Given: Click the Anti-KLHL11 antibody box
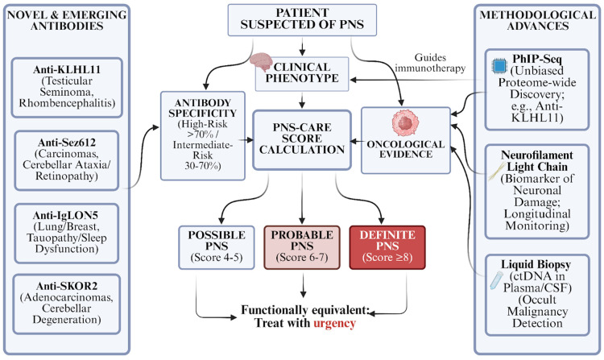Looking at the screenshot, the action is (67, 88).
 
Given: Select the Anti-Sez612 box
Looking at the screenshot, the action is (67, 160).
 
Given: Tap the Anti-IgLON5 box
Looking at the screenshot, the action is (67, 234).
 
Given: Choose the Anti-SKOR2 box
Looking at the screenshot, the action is (67, 304).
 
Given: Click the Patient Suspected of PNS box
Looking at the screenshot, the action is (302, 20).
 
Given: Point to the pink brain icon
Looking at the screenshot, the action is (261, 62).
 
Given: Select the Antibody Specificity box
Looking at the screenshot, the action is (203, 135).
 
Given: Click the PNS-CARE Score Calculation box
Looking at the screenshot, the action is (302, 140).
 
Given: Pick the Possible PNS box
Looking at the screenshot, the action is (217, 247).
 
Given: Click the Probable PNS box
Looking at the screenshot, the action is (302, 247).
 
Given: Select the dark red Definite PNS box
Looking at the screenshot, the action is (387, 247).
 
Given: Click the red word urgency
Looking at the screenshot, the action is (334, 323).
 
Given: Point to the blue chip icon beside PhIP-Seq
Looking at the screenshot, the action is (499, 66).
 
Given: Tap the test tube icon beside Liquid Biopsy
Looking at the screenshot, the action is (496, 280).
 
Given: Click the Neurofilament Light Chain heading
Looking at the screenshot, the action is (537, 161).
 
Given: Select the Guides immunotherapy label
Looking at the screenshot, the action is (430, 63).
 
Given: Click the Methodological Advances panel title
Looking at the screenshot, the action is (538, 20).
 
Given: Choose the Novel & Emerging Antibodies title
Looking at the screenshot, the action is (67, 20).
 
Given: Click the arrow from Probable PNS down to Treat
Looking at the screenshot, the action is (303, 285).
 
